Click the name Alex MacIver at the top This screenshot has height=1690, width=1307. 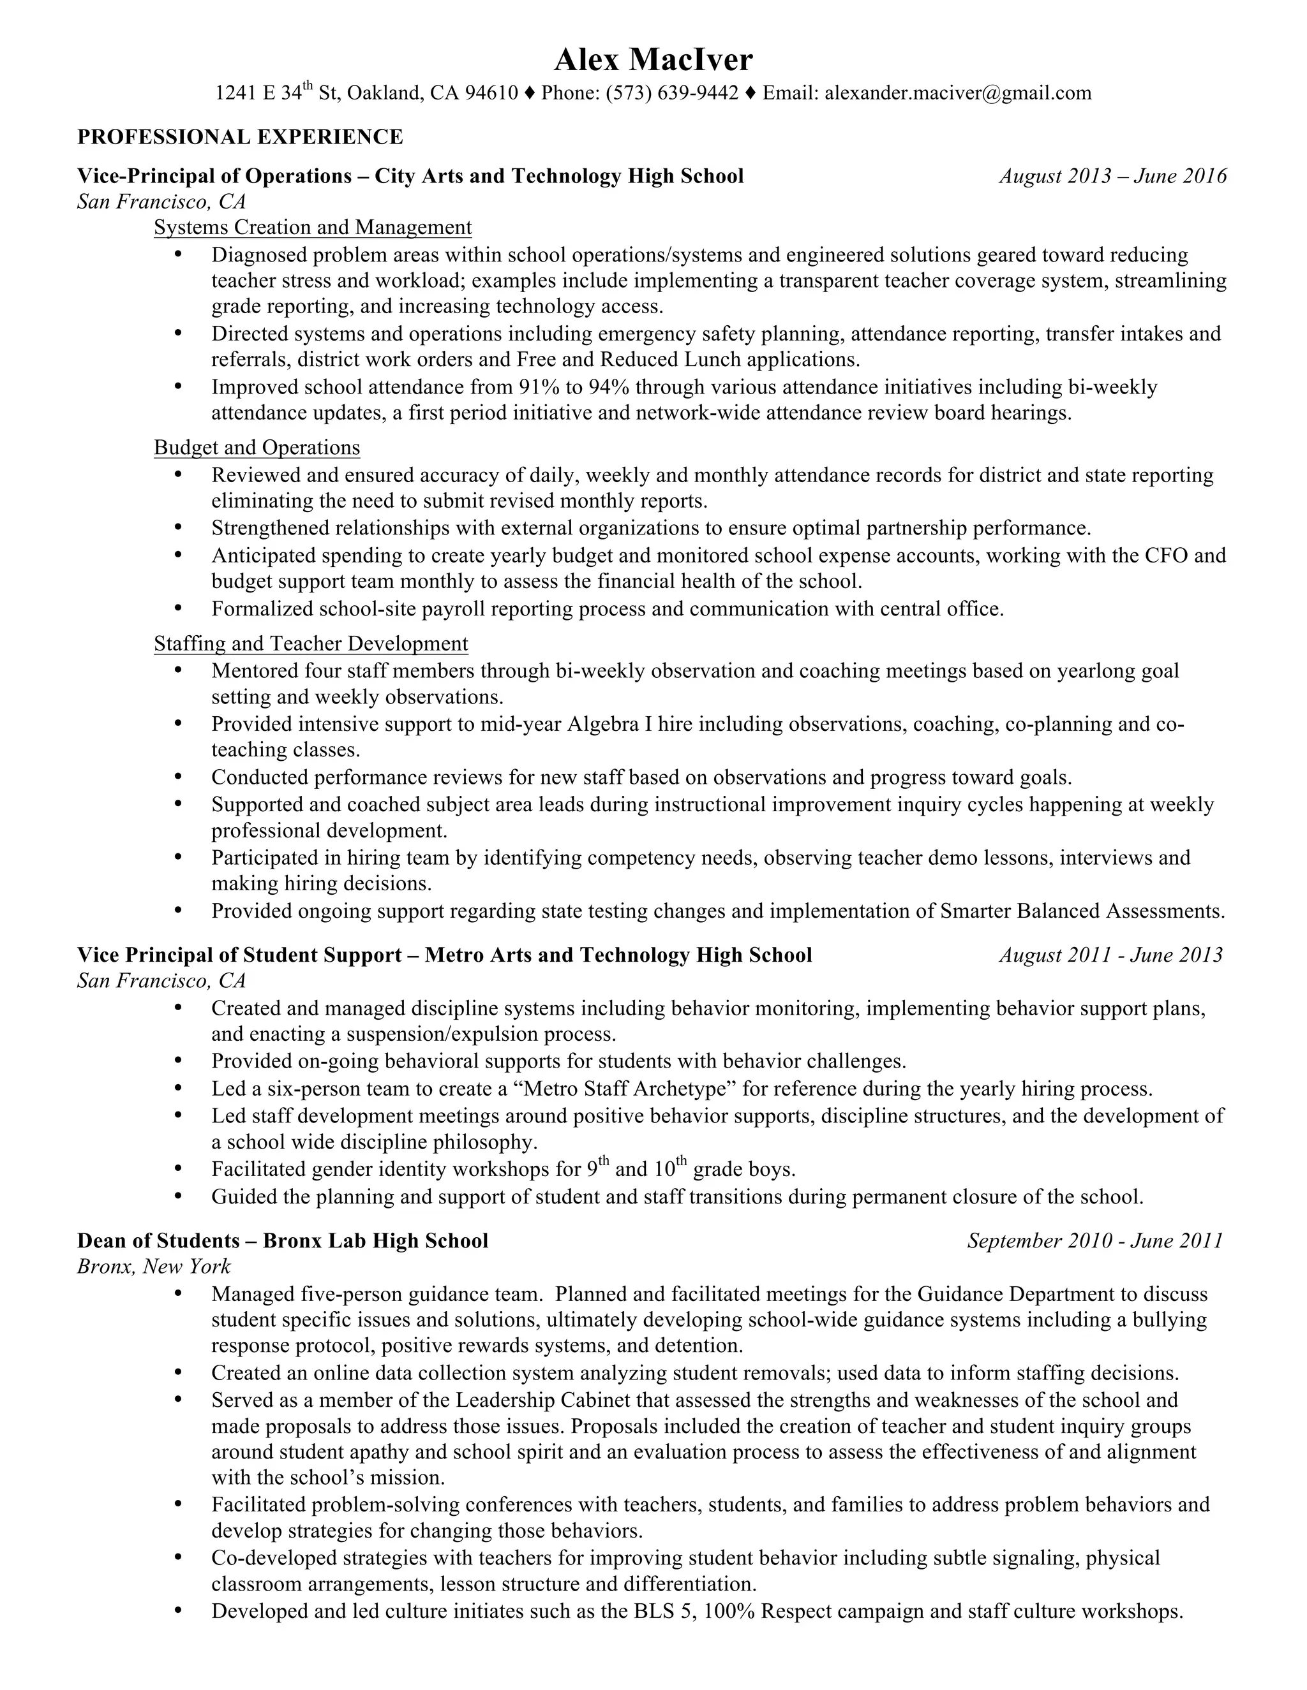[x=653, y=59]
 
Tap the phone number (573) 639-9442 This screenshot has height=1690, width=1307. [x=672, y=94]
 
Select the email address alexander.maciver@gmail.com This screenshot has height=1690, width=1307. [x=957, y=94]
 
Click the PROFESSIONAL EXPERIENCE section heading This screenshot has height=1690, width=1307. [x=240, y=137]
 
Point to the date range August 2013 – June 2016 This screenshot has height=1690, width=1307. [x=1112, y=177]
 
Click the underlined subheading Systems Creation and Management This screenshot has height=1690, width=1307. [x=312, y=228]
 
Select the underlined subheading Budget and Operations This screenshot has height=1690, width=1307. [x=257, y=448]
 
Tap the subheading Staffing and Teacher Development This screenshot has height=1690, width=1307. [x=311, y=644]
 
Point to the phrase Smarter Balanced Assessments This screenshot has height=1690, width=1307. [x=1082, y=911]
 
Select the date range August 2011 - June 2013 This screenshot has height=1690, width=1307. [x=1110, y=955]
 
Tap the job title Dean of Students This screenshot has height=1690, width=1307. [x=158, y=1241]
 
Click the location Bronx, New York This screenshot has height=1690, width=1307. [x=153, y=1267]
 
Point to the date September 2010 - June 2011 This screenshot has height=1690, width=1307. [x=1094, y=1241]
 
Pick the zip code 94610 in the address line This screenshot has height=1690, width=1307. [x=491, y=94]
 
